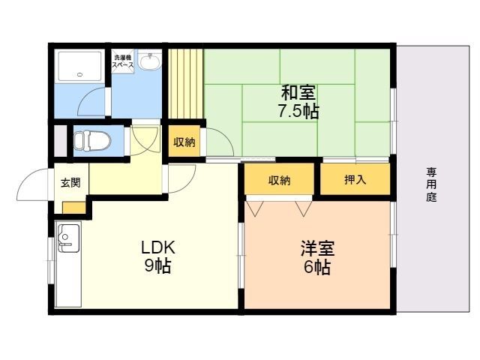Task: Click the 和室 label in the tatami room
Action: tap(298, 93)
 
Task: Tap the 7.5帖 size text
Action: tap(298, 112)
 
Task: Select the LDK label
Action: tap(158, 247)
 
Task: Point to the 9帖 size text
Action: tap(157, 265)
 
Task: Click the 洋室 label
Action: tap(317, 248)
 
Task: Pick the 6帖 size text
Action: tap(317, 267)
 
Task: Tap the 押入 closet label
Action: tap(355, 180)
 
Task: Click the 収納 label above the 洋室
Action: tap(279, 181)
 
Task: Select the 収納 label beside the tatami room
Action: tap(184, 142)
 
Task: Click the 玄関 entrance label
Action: tap(70, 182)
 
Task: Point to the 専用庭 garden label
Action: tap(432, 184)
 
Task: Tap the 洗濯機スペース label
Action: tap(122, 61)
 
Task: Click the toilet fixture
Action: tap(92, 140)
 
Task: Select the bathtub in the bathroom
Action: tap(80, 67)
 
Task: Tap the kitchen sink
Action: tap(69, 238)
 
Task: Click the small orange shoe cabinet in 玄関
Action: tap(73, 208)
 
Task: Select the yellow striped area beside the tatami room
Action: tap(185, 83)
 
